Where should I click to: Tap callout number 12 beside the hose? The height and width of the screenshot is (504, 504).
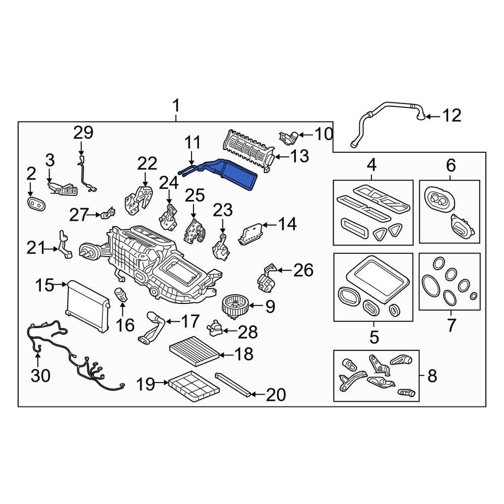pyautogui.click(x=452, y=116)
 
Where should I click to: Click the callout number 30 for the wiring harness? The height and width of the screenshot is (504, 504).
pyautogui.click(x=41, y=375)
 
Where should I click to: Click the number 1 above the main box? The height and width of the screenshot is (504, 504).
pyautogui.click(x=176, y=106)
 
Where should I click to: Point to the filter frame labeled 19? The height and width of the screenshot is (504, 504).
pyautogui.click(x=194, y=385)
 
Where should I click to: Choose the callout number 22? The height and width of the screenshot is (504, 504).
pyautogui.click(x=148, y=164)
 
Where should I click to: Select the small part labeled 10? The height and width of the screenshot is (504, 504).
pyautogui.click(x=287, y=137)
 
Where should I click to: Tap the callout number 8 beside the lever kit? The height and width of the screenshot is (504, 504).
pyautogui.click(x=432, y=375)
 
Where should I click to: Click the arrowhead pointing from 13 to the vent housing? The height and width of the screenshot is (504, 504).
pyautogui.click(x=277, y=157)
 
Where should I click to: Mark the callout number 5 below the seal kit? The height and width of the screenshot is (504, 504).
pyautogui.click(x=373, y=337)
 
